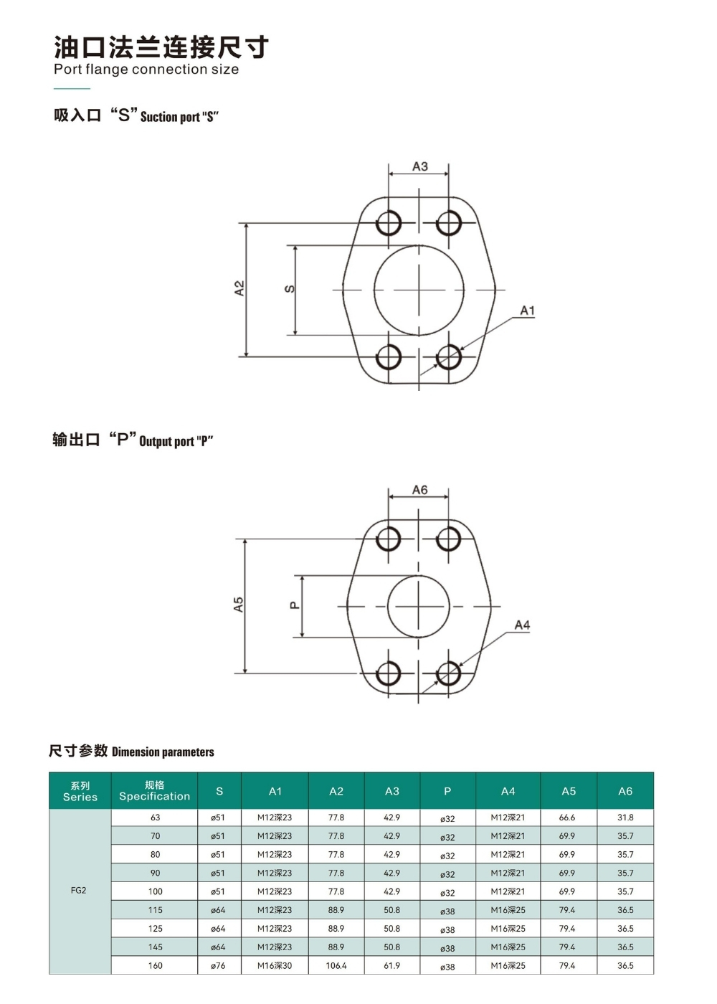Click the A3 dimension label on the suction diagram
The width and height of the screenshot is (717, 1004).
tap(420, 166)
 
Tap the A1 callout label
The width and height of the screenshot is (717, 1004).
tap(527, 311)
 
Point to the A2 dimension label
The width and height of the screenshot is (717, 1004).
tap(239, 288)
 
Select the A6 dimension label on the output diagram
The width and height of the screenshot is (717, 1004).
tap(420, 490)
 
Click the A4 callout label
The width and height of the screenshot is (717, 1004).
tap(522, 625)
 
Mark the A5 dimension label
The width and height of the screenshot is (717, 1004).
tap(238, 604)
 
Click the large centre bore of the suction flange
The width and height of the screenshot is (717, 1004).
tap(419, 290)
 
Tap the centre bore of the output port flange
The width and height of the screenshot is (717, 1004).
tap(419, 607)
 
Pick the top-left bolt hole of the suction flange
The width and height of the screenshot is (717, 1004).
tap(389, 223)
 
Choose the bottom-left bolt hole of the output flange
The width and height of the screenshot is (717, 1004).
tap(388, 673)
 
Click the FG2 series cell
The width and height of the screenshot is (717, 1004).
tap(78, 890)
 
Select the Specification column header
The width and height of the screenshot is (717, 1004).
tap(155, 790)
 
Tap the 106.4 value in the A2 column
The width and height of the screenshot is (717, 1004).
tap(336, 965)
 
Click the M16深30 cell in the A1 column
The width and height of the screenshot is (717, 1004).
tap(274, 965)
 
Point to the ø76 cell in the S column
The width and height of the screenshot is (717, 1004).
tap(218, 966)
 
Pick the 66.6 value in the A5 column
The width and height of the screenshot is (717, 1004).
tap(567, 818)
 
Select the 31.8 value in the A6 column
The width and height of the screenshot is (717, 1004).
tap(625, 818)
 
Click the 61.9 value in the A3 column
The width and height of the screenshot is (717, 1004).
tap(391, 965)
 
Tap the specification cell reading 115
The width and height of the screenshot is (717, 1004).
tap(155, 910)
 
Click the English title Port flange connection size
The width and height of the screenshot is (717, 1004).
tap(146, 70)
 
